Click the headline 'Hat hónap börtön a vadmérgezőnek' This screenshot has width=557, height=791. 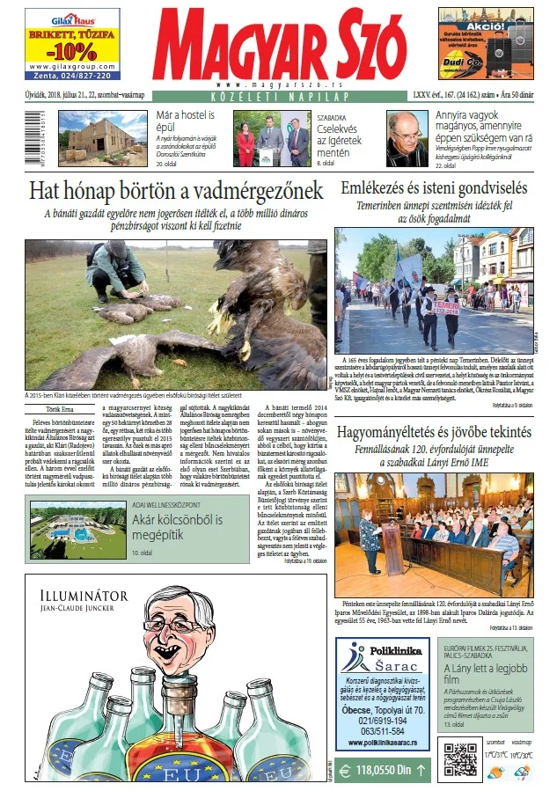[176, 190]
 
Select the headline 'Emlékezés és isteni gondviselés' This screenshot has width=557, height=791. [434, 187]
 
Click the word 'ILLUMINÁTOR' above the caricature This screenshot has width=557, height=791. [78, 596]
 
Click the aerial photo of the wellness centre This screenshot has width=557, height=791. [77, 531]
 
